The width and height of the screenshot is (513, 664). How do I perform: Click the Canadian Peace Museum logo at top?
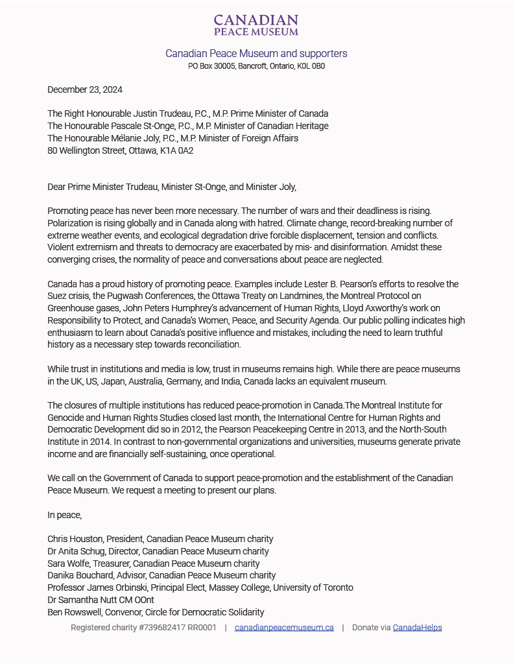[x=256, y=25]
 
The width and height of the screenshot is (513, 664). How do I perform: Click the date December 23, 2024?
[x=85, y=89]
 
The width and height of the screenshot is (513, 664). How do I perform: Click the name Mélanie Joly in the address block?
[x=143, y=138]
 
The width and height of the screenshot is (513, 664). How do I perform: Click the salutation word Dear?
[x=57, y=187]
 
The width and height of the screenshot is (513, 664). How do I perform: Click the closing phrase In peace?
[x=65, y=515]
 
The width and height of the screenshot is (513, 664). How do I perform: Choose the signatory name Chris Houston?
[x=75, y=539]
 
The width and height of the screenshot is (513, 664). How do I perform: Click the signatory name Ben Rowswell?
[x=75, y=612]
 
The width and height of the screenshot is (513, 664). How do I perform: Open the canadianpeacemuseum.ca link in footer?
[x=284, y=627]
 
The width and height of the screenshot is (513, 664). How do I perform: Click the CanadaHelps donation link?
[x=417, y=627]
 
